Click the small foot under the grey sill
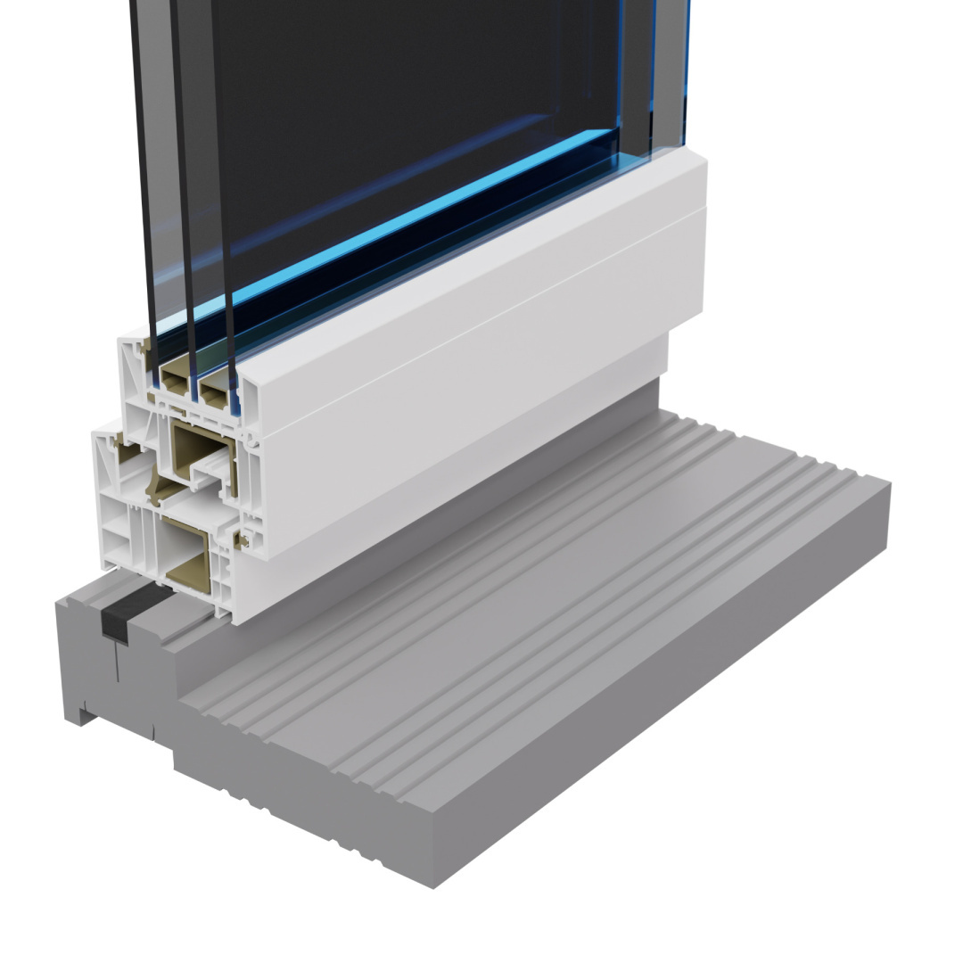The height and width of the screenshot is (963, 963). tap(80, 713)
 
